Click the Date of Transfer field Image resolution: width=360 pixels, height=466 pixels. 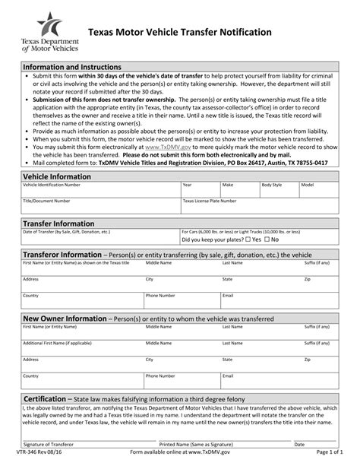pyautogui.click(x=99, y=237)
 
